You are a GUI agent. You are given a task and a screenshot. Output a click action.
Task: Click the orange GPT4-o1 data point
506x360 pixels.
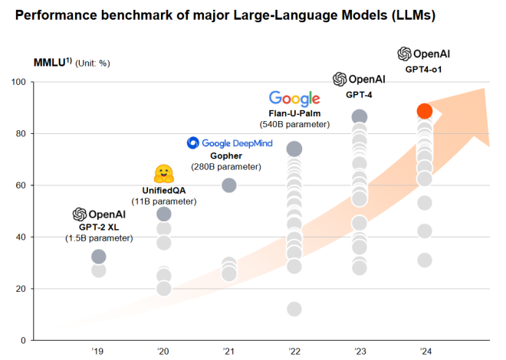coord(425,111)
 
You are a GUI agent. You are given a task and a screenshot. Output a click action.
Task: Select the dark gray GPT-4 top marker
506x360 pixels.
coord(359,117)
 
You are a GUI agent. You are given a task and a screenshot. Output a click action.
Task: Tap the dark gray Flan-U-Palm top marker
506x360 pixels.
coord(294,149)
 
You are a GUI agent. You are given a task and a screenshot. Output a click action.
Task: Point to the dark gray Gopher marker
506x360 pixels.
coord(228,185)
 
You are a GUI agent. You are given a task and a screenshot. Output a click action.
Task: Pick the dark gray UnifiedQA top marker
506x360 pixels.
coord(163,214)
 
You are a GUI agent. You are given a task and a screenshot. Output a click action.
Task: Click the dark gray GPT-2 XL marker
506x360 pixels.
coord(98,257)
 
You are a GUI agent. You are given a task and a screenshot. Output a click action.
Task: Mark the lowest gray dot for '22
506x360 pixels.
coord(294,309)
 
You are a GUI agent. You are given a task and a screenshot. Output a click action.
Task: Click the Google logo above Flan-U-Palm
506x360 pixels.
coord(294,98)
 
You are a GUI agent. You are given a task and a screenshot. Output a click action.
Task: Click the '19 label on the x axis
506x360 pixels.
coord(97,351)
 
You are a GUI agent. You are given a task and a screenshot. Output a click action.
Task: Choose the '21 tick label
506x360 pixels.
coord(228,351)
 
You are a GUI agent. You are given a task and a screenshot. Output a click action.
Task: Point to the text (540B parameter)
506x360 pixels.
coord(294,124)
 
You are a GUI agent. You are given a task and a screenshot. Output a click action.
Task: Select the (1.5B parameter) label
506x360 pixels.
coord(98,239)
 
